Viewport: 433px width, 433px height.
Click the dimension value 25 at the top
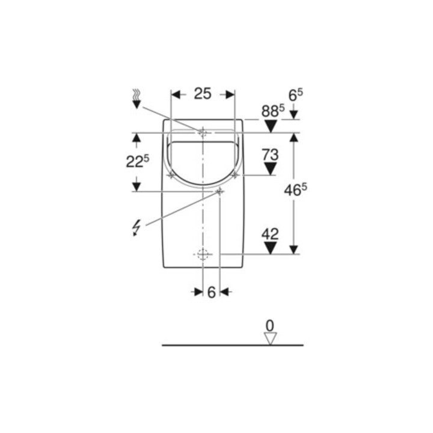203,94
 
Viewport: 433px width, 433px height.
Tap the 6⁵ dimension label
295,95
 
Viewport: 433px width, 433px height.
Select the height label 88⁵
273,111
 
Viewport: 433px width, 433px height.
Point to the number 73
271,155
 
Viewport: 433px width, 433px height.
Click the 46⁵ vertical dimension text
295,190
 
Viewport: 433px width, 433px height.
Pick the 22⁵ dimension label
137,162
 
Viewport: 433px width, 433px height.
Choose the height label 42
270,234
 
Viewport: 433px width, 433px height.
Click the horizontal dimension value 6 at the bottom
211,292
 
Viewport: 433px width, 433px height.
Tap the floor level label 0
270,326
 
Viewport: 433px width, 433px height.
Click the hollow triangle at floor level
271,339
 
